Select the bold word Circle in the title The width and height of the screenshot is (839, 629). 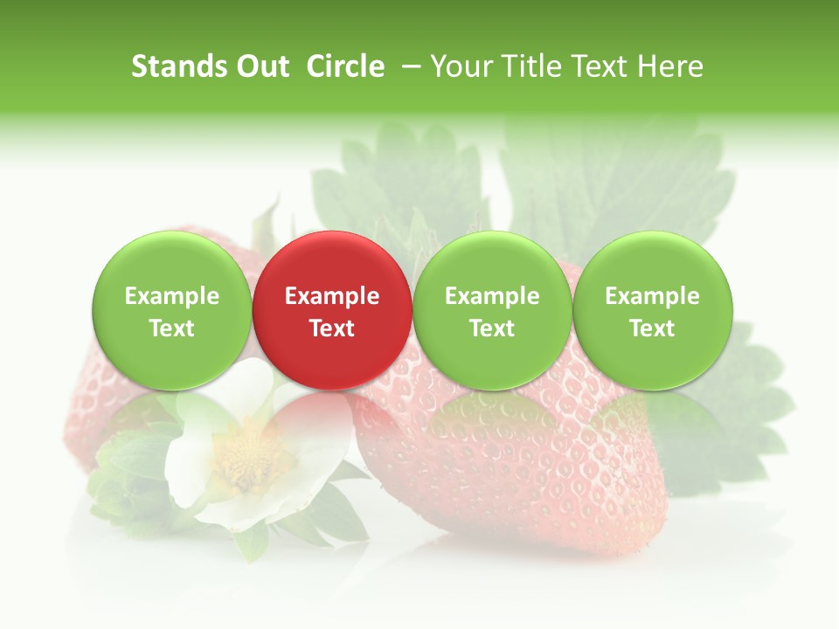click(345, 66)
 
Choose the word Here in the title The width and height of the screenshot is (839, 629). click(669, 66)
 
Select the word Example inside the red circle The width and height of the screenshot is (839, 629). click(332, 296)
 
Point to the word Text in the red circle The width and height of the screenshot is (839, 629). click(332, 328)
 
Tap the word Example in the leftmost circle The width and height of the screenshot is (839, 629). click(171, 296)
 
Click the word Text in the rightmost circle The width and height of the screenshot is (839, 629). click(652, 328)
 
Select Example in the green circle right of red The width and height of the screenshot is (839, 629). click(492, 296)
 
